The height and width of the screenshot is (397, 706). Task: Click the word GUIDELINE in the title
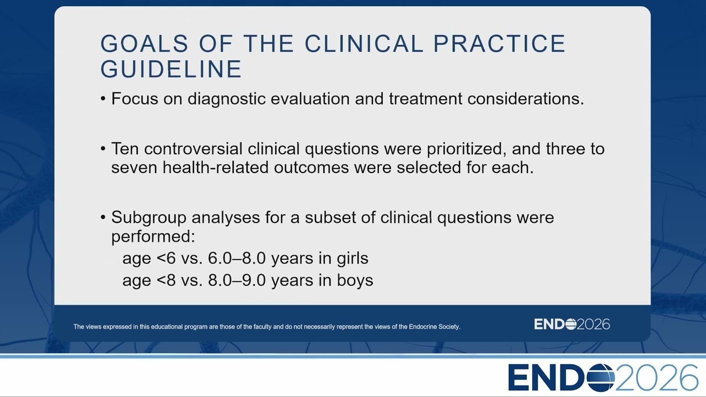pyautogui.click(x=171, y=69)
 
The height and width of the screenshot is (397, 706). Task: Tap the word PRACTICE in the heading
pyautogui.click(x=500, y=44)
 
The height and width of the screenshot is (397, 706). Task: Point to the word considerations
pyautogui.click(x=526, y=99)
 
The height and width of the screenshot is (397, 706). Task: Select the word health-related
pyautogui.click(x=216, y=167)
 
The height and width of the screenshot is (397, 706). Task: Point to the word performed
pyautogui.click(x=153, y=237)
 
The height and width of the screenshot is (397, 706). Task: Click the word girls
pyautogui.click(x=352, y=259)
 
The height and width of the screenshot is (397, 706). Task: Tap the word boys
pyautogui.click(x=355, y=281)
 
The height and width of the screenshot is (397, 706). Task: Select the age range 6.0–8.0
pyautogui.click(x=237, y=259)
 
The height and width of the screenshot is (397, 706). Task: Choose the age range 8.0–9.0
pyautogui.click(x=237, y=281)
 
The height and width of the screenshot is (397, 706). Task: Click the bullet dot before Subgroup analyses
pyautogui.click(x=103, y=217)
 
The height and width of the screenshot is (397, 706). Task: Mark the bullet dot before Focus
pyautogui.click(x=103, y=99)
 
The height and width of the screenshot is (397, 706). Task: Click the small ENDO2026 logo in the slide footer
pyautogui.click(x=572, y=324)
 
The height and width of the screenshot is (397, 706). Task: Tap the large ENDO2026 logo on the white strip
pyautogui.click(x=603, y=378)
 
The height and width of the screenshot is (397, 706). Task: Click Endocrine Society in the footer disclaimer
pyautogui.click(x=434, y=327)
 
